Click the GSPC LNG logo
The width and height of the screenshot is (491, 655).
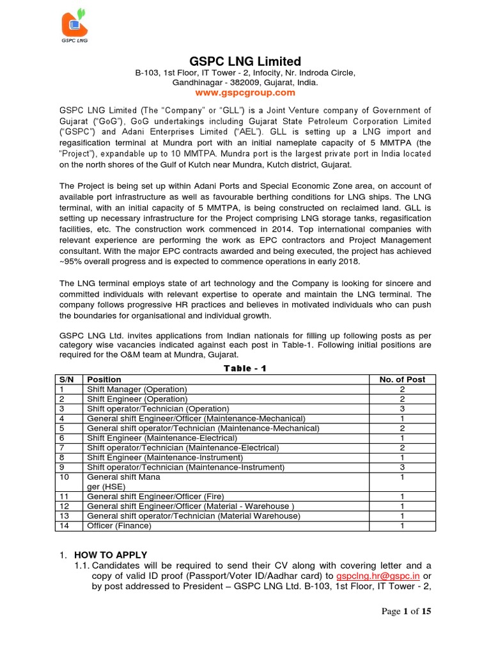tap(75, 26)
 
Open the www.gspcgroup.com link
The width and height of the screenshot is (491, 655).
tap(245, 93)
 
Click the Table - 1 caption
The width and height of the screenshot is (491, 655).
tap(245, 369)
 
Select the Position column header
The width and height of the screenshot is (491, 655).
tap(104, 379)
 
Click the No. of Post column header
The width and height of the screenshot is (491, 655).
tap(401, 379)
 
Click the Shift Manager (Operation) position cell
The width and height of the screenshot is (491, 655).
tap(137, 389)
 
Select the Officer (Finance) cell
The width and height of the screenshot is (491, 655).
tap(119, 526)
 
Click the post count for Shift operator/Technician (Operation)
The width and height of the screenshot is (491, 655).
tap(401, 409)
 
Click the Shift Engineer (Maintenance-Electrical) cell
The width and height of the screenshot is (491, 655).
tap(162, 438)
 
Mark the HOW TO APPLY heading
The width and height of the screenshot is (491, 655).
tap(111, 555)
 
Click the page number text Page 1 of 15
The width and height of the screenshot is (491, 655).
tap(406, 611)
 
